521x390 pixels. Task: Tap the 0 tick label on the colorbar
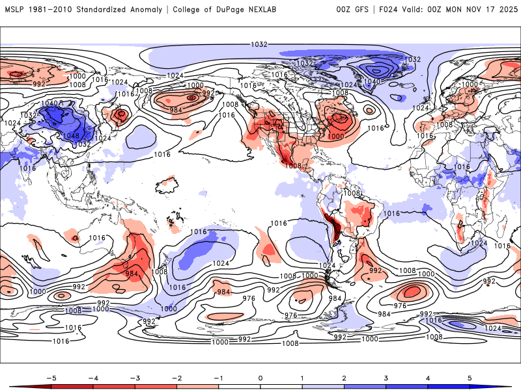(x=260, y=377)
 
